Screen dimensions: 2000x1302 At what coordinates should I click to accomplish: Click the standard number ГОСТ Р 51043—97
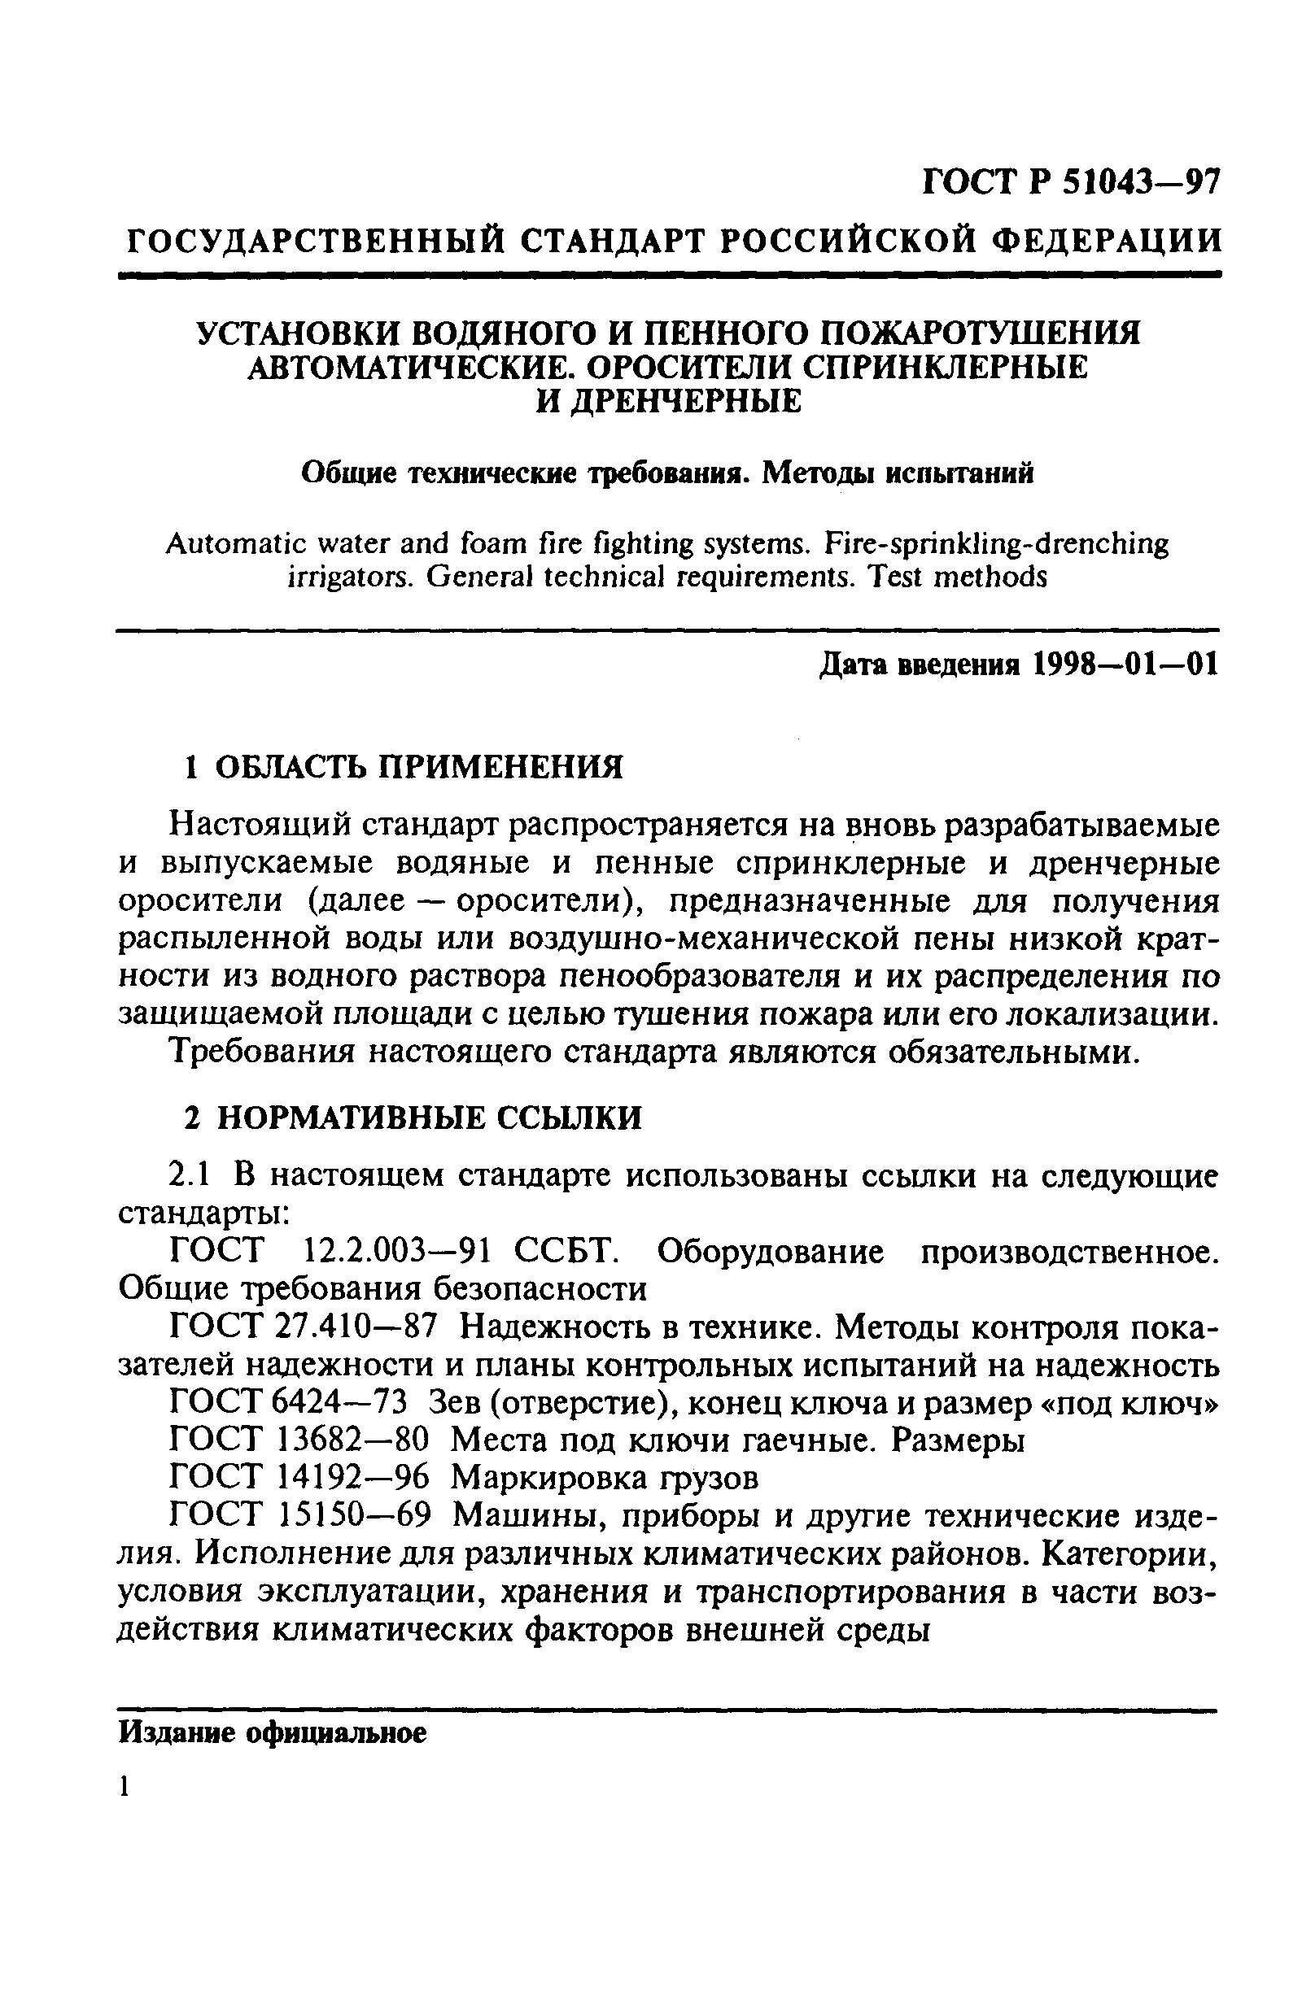(x=1070, y=181)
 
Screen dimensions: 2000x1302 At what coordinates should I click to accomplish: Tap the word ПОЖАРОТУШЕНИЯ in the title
(x=979, y=333)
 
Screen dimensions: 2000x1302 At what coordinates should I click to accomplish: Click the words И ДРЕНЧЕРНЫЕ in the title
(x=669, y=401)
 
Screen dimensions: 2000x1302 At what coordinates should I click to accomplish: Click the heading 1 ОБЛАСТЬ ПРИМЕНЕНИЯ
(x=404, y=766)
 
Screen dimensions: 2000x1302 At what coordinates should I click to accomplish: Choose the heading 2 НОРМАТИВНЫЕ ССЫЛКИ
(x=413, y=1117)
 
